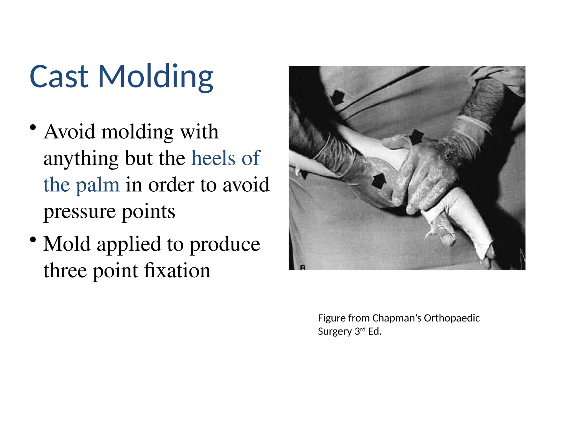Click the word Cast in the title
click(59, 76)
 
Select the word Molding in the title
click(156, 77)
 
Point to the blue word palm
click(98, 185)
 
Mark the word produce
click(225, 244)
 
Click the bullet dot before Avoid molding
click(33, 128)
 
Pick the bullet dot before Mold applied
click(33, 240)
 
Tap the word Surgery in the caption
click(335, 331)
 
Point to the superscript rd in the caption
click(362, 329)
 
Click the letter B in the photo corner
click(303, 267)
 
